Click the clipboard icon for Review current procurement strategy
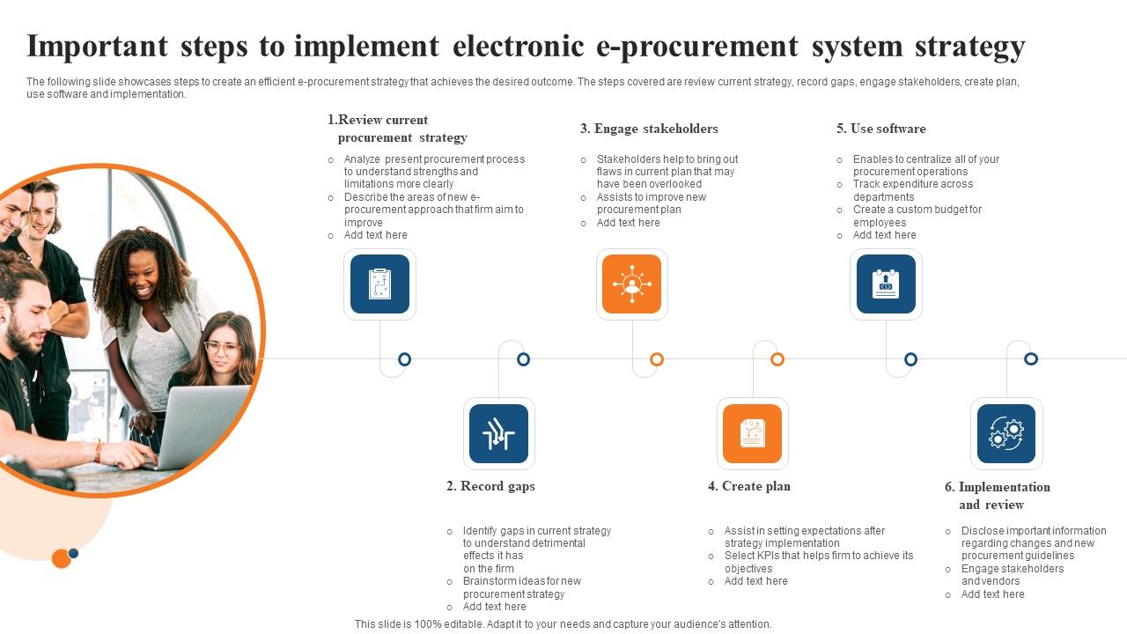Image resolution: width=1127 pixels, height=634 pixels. click(379, 284)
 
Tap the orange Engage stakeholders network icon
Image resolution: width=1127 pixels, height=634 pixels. click(632, 284)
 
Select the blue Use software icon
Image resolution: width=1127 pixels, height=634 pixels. click(886, 284)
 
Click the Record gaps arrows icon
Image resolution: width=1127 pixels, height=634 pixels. click(498, 433)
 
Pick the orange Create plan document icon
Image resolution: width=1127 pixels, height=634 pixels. click(752, 433)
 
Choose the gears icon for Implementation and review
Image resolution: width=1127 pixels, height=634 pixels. click(1006, 433)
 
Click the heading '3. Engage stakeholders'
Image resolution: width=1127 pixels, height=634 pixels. click(649, 129)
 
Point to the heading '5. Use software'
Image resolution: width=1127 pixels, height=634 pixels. click(881, 129)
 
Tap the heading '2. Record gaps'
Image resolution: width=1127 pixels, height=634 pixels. click(490, 487)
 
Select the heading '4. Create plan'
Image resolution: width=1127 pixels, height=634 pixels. click(749, 486)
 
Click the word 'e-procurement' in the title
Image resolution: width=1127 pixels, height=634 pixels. click(697, 47)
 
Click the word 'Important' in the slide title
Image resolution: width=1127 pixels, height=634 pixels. click(97, 47)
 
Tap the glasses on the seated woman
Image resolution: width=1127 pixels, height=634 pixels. click(222, 347)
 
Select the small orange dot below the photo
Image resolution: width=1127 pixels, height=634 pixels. click(62, 558)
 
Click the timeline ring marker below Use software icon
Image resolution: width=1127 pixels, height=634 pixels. click(910, 359)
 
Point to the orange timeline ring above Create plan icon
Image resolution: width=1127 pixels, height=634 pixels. click(777, 359)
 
